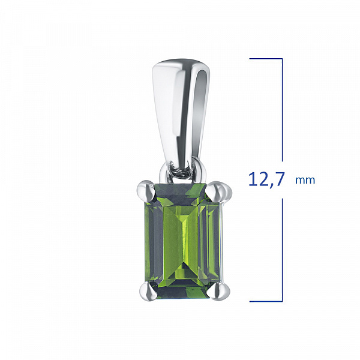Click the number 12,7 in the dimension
(267, 179)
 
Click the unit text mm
(305, 180)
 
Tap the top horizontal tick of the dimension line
(266, 59)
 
